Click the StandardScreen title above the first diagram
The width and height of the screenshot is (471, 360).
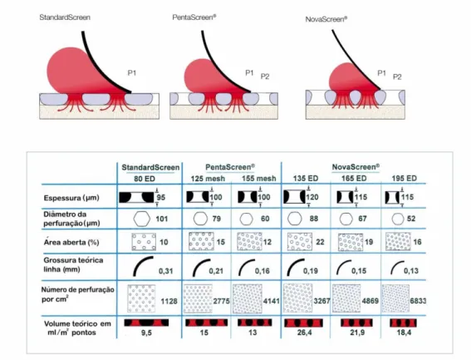pos(65,17)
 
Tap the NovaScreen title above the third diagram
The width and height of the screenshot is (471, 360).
pos(326,19)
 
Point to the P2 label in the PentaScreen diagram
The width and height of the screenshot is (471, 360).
pos(265,76)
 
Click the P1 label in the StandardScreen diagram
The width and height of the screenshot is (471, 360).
pos(132,73)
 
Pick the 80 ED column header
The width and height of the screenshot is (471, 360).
pos(145,179)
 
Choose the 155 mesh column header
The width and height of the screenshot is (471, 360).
pos(259,179)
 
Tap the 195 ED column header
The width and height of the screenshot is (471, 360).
pos(404,179)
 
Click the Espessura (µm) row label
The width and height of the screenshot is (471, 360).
pos(71,198)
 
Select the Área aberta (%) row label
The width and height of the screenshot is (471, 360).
pos(71,242)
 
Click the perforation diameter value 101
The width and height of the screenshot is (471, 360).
pos(162,219)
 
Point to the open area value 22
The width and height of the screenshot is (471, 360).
pos(320,242)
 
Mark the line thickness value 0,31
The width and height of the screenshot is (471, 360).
pos(166,271)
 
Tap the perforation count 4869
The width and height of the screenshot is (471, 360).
pos(370,301)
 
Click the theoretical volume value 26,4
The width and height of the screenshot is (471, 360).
pos(304,333)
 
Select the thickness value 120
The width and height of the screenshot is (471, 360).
pos(312,197)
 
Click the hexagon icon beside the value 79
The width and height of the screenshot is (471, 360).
pos(200,219)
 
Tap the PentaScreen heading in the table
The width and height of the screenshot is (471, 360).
pos(230,167)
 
